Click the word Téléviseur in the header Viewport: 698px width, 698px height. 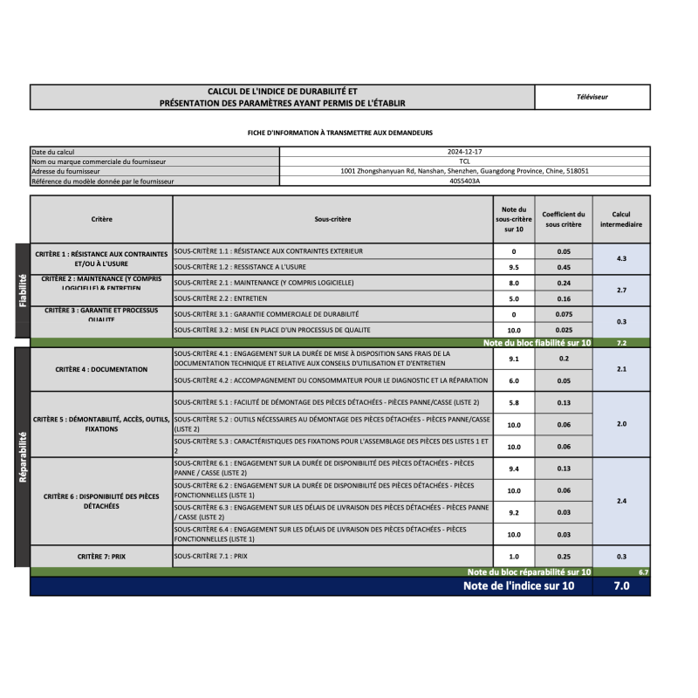pos(592,97)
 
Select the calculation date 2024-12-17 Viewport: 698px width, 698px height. pos(464,152)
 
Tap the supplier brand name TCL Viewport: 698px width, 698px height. pos(464,161)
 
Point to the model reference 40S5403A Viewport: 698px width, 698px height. pos(464,181)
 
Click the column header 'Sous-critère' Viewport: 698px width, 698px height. pos(333,219)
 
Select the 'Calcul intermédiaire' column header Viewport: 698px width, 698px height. pos(620,219)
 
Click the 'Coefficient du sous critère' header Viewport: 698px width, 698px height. pos(563,219)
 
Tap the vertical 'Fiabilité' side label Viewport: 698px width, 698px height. pos(22,291)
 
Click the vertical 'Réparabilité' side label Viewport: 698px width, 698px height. pos(22,456)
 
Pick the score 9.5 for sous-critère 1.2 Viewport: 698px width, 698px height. pos(513,267)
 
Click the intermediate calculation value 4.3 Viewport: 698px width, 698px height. pos(620,259)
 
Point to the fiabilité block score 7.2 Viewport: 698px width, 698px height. pos(621,343)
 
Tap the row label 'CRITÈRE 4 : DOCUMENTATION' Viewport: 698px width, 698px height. pos(101,369)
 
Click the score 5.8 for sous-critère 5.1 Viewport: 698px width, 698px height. pos(513,402)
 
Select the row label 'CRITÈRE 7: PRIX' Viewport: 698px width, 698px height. pos(101,556)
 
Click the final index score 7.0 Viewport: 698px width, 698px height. pos(620,586)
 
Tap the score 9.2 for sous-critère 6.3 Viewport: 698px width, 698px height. pos(513,512)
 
